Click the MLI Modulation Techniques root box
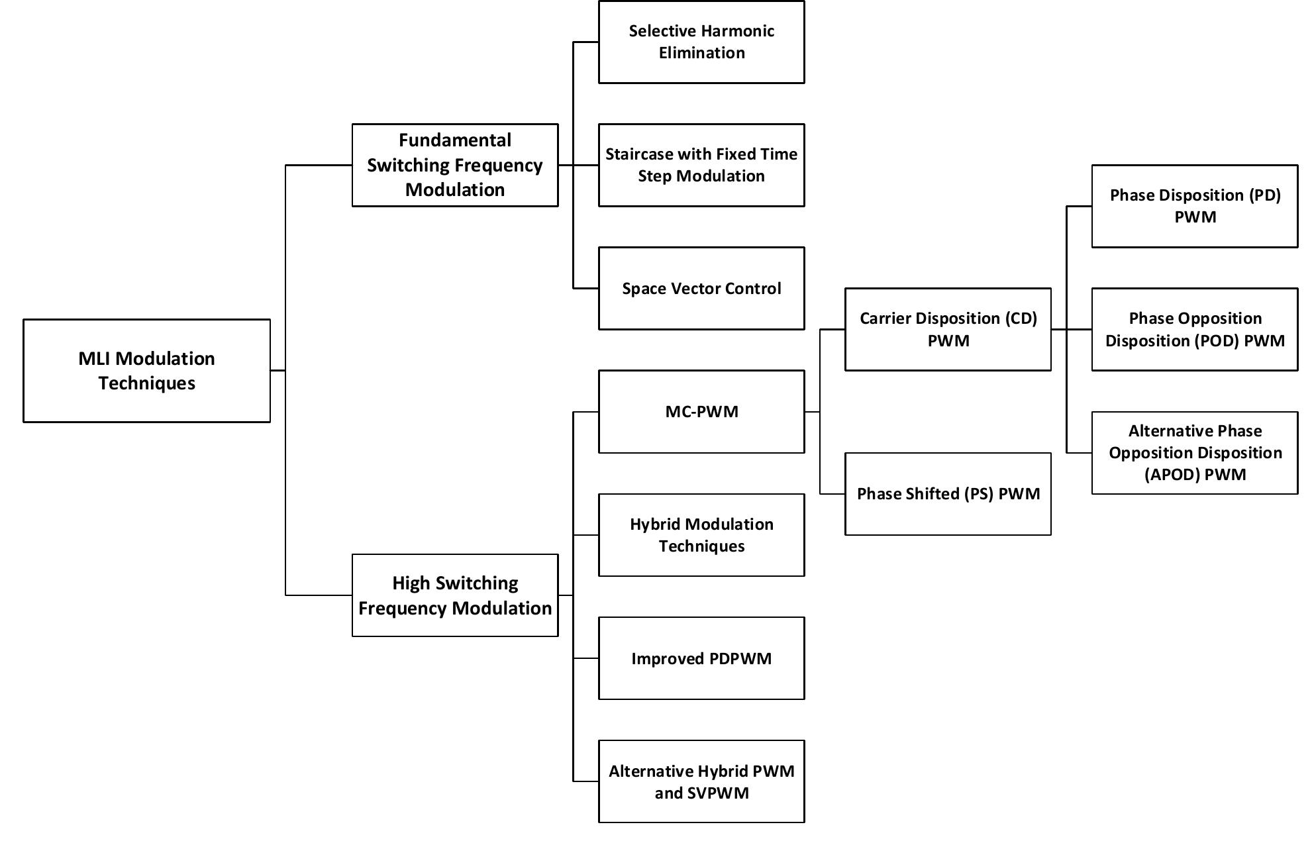[146, 370]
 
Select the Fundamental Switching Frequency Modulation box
[454, 165]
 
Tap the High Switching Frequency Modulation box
[454, 595]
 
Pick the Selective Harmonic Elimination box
[701, 42]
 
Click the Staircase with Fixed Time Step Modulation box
[701, 165]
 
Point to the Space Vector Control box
[701, 288]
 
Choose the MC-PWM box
[701, 411]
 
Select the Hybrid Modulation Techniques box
[701, 534]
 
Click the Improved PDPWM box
[701, 658]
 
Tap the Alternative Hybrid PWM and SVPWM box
[701, 781]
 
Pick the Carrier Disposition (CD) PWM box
[948, 329]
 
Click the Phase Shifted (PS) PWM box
[948, 493]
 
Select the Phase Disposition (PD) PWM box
[1194, 206]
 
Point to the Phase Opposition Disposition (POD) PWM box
[1194, 329]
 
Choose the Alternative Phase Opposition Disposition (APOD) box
[1194, 452]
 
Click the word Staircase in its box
[636, 154]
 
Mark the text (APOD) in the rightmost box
[1172, 475]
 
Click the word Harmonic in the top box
[737, 31]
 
